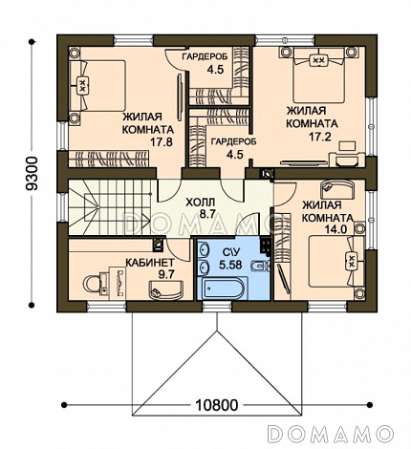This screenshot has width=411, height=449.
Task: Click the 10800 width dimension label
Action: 216,405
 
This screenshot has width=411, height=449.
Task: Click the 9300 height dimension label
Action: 32,174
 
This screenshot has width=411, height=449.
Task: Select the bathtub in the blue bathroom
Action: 221,289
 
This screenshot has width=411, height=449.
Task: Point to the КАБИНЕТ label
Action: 150,263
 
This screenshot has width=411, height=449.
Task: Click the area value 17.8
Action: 162,141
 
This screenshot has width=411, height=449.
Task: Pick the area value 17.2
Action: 320,137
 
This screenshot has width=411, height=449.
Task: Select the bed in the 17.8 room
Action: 97,86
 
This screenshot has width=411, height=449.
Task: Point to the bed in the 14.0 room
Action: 336,262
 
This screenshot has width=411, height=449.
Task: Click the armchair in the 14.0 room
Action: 337,189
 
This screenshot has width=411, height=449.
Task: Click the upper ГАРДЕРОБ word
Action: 205,57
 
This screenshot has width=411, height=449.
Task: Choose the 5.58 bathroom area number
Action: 230,265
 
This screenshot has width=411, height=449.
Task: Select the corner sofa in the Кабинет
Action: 165,289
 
